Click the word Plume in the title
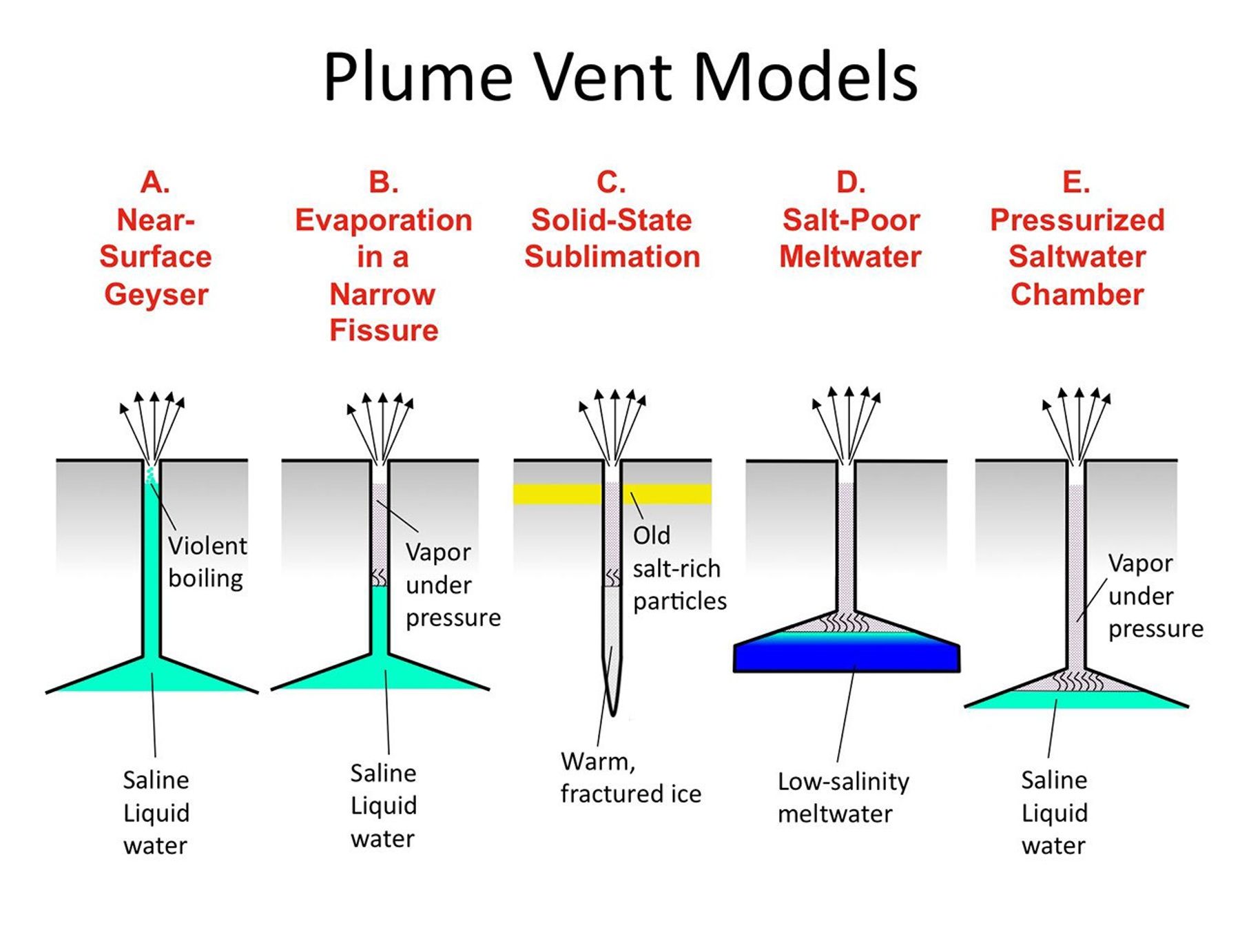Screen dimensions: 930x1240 tap(418, 77)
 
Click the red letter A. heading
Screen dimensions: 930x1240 tap(155, 183)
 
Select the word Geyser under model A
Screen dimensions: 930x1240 tap(156, 295)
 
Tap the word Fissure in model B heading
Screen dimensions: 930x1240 tap(384, 331)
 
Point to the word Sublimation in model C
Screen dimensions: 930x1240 tap(612, 257)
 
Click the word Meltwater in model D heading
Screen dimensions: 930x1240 tap(850, 257)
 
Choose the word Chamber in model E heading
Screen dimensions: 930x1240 tap(1077, 295)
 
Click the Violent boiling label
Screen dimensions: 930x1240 tap(207, 561)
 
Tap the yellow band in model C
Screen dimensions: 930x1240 tap(551, 494)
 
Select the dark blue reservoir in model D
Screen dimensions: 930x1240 tap(846, 658)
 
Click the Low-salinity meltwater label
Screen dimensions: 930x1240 tap(843, 798)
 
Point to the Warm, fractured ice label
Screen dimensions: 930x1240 tap(630, 778)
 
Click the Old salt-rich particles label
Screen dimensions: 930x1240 tap(678, 568)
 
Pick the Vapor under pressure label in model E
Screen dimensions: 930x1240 tap(1155, 596)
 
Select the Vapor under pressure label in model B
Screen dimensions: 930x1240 tap(452, 585)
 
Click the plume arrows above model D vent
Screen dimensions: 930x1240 tap(847, 420)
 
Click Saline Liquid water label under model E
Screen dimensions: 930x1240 tap(1054, 813)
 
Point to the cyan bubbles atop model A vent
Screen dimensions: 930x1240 tap(150, 475)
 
